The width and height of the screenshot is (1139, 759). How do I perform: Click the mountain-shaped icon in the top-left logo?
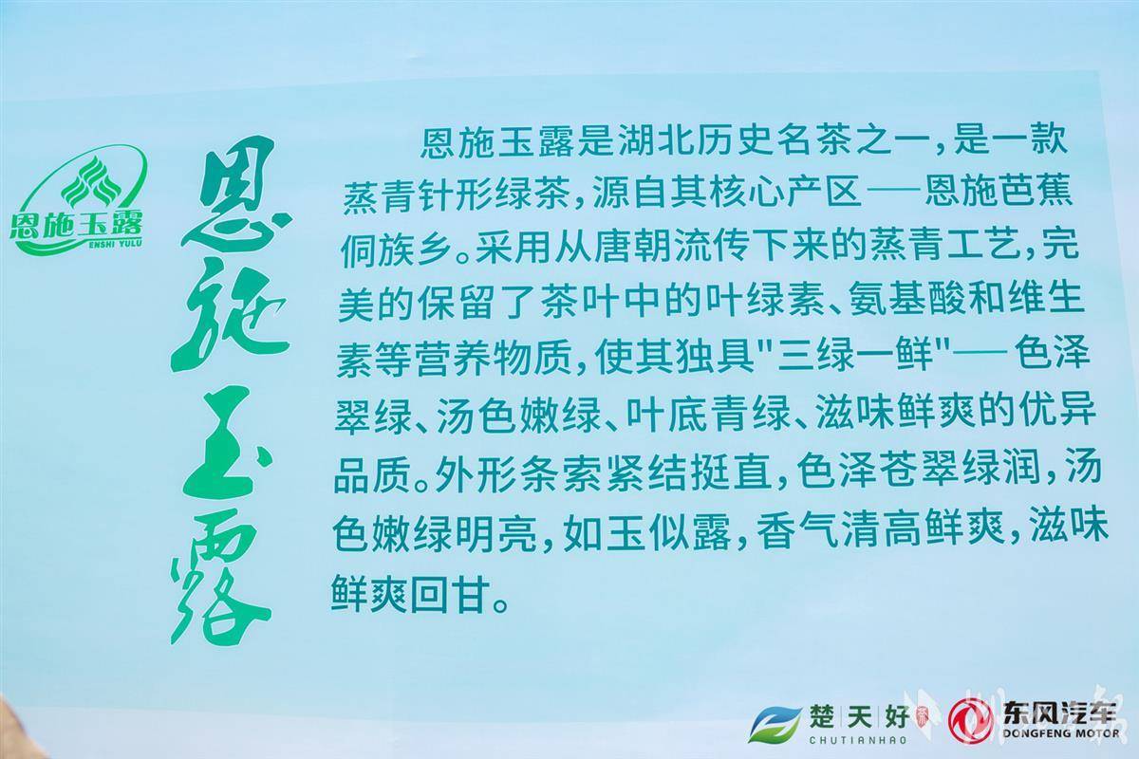click(x=91, y=182)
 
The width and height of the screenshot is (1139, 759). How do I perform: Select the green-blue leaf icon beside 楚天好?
click(x=773, y=723)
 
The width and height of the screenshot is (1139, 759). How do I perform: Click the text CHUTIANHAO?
click(x=858, y=740)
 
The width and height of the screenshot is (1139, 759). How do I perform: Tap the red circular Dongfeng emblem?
click(x=970, y=721)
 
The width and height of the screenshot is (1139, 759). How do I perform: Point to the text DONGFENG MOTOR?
click(x=1061, y=733)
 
